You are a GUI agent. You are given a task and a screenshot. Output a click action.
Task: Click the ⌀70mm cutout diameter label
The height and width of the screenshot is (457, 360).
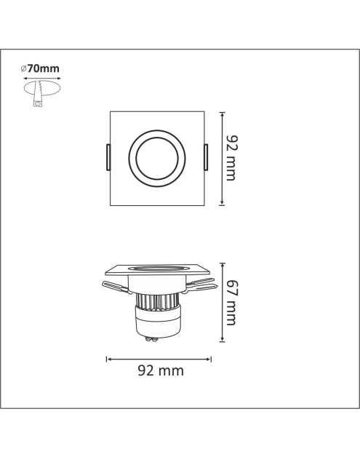tap(40, 69)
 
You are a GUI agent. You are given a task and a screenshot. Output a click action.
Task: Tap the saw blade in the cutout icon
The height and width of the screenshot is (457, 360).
tap(38, 90)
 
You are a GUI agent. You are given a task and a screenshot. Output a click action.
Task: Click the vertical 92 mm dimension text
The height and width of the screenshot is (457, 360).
tap(231, 158)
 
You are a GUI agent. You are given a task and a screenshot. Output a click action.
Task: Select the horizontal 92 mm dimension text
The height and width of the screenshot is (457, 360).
tap(161, 370)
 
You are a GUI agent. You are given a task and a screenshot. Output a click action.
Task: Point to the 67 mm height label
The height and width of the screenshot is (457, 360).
tap(232, 303)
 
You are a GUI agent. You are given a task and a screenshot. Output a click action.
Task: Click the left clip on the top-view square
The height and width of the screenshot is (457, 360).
tap(108, 157)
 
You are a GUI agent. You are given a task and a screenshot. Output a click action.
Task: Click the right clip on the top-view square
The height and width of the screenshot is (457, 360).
tap(207, 157)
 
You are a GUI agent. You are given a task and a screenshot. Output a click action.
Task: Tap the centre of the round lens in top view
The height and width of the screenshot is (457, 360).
tap(157, 159)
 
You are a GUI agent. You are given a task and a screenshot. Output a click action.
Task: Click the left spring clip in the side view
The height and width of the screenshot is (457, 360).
tap(116, 287)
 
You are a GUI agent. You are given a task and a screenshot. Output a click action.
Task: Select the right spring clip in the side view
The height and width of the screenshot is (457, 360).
tap(201, 285)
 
